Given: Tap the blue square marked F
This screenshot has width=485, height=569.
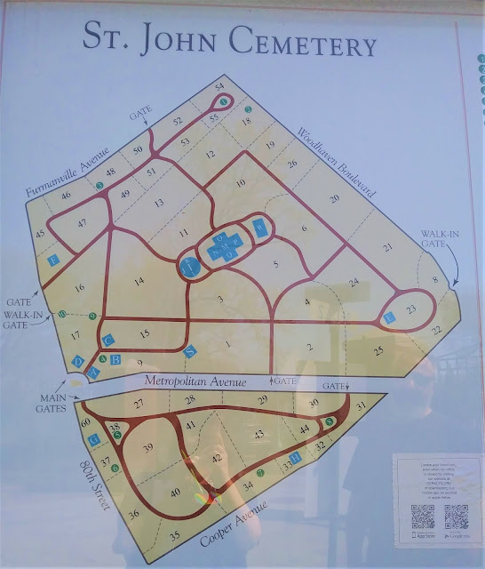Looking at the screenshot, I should tap(54, 260).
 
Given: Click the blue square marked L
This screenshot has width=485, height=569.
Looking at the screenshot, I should tap(388, 317).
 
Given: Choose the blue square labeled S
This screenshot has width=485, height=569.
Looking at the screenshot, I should tap(189, 351).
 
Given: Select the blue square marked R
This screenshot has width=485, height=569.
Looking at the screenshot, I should tap(258, 227).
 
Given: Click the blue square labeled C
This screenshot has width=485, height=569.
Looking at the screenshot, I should tap(108, 340).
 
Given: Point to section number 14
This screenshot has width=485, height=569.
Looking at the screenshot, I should tap(139, 282).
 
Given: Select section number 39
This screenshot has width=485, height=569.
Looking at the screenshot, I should tap(147, 446).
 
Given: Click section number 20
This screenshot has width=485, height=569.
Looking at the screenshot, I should tap(334, 198).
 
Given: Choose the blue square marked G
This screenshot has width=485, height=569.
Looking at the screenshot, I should tap(92, 437).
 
